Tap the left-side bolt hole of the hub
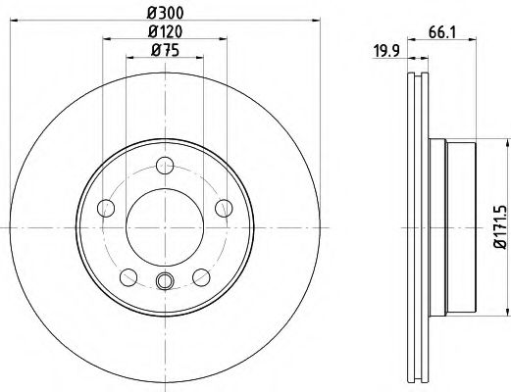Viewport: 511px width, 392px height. [106, 206]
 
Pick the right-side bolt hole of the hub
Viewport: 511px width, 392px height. [224, 206]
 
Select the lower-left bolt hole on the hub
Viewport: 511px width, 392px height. [128, 275]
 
